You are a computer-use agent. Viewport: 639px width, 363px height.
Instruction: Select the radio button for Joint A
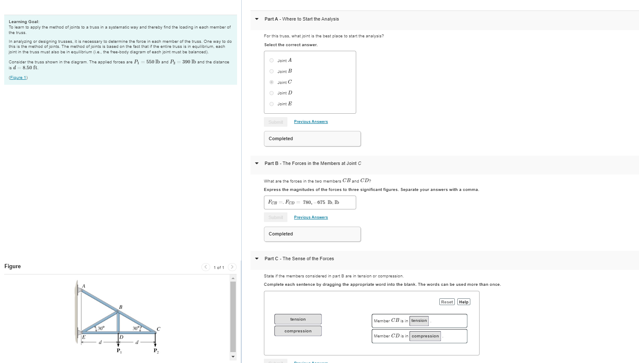click(271, 60)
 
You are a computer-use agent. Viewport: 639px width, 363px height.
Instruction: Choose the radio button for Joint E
click(271, 104)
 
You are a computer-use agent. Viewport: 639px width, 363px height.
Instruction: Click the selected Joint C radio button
click(271, 82)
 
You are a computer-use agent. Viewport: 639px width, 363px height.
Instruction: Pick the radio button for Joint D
click(271, 93)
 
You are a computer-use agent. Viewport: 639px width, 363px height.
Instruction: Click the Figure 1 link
click(18, 78)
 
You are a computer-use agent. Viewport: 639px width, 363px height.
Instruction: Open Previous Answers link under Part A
click(310, 122)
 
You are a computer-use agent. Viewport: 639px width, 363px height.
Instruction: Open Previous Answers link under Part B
click(310, 217)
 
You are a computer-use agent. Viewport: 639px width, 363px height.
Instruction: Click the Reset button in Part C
click(447, 302)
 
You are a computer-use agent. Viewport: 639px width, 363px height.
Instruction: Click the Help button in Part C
click(464, 302)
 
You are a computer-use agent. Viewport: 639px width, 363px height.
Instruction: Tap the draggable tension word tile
click(298, 319)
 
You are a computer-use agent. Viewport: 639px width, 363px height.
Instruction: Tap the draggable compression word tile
click(298, 331)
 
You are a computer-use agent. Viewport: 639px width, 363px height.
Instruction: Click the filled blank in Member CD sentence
click(425, 336)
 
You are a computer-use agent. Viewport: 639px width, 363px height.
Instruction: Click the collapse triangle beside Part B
click(257, 164)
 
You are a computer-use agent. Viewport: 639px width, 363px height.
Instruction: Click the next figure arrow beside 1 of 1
click(232, 267)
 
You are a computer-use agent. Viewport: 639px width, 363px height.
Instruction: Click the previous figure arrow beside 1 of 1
click(206, 267)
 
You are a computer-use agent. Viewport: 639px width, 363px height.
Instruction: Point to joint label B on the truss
click(121, 307)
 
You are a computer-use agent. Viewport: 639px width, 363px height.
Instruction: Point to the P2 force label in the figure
click(156, 351)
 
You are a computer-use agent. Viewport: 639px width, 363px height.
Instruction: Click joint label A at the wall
click(83, 286)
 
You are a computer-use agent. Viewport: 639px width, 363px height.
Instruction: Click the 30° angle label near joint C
click(136, 328)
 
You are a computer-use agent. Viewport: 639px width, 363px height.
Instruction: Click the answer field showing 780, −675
click(310, 202)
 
